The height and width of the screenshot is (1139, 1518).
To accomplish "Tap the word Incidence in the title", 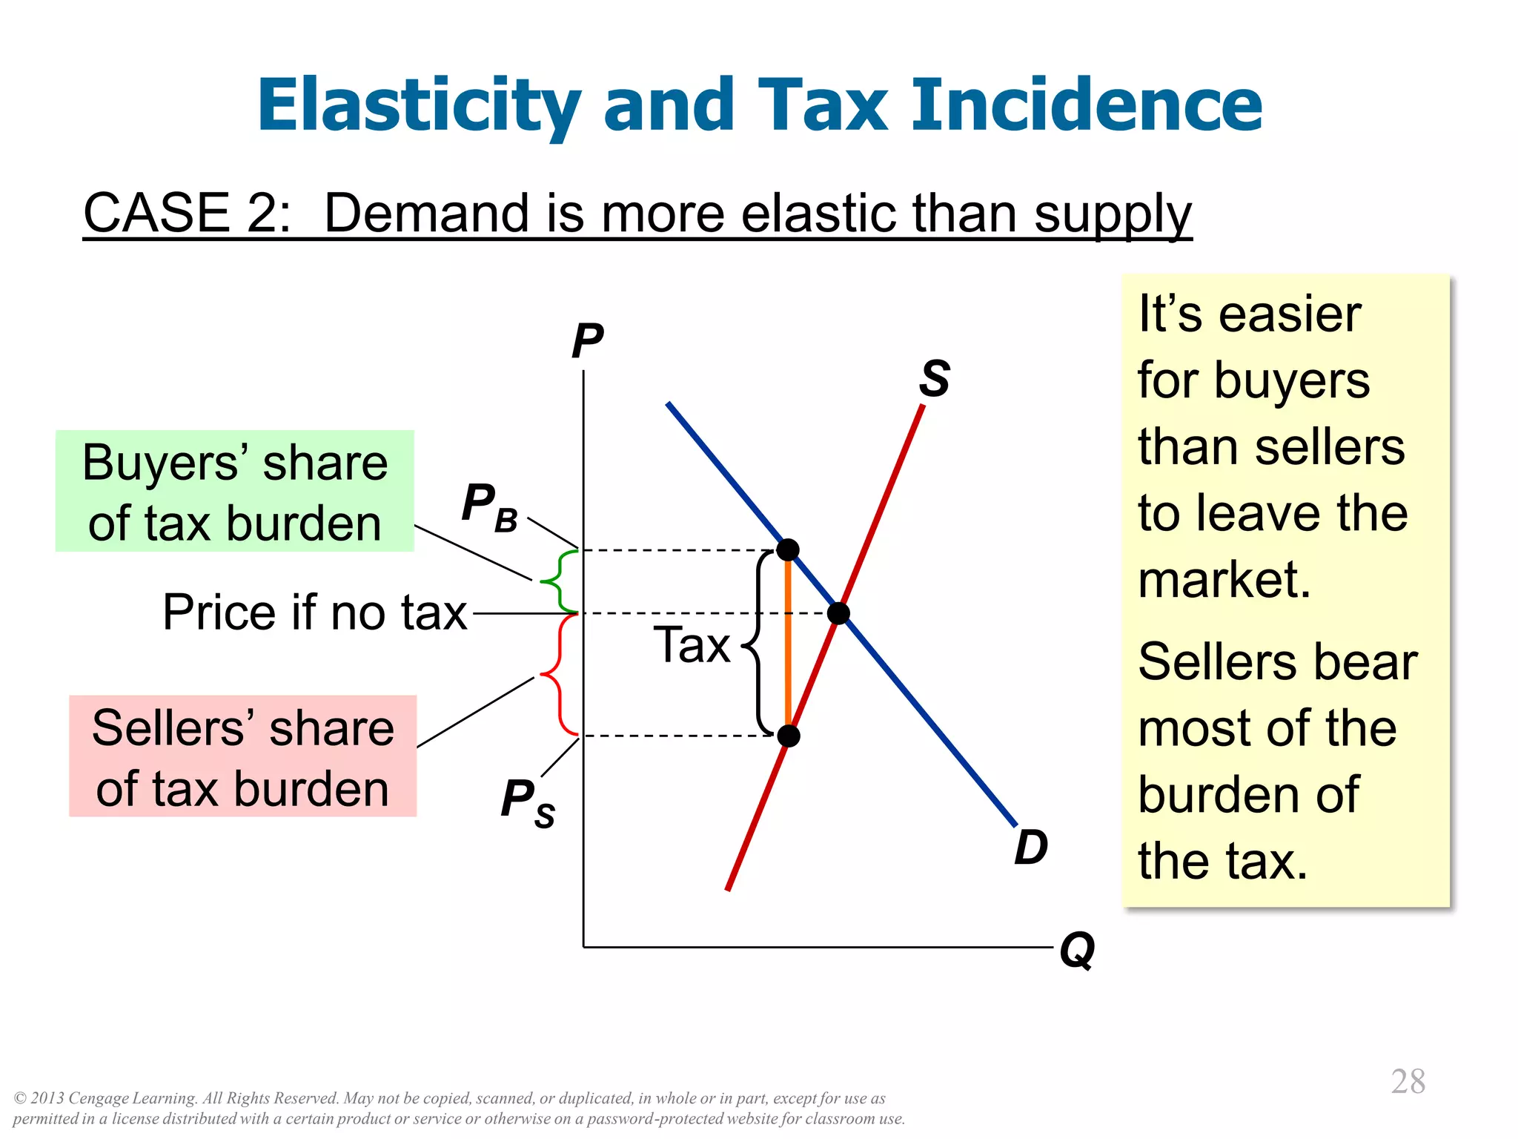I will click(x=1087, y=105).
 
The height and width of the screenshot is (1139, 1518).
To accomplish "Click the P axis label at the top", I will click(x=587, y=341).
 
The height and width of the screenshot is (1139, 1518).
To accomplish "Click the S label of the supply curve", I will click(x=934, y=378).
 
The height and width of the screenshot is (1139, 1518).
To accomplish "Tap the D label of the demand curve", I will click(x=1031, y=847).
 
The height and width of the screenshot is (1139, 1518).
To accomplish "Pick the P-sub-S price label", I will click(x=527, y=802).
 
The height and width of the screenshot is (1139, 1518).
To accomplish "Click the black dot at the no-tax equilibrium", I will click(x=838, y=613).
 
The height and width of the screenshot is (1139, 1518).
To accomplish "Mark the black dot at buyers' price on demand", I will click(x=787, y=550).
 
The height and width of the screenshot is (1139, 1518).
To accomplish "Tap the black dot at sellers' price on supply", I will click(x=789, y=736).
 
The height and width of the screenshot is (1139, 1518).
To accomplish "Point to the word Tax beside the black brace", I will click(x=692, y=644).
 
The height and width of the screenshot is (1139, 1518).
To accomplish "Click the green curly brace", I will click(x=557, y=581).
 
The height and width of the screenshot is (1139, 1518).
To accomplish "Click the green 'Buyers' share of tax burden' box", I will click(x=235, y=491).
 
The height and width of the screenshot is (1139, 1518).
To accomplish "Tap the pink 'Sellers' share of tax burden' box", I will click(x=243, y=756).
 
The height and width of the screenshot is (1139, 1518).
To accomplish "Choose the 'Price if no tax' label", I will click(x=315, y=613).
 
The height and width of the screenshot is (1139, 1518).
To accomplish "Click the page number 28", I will click(x=1408, y=1082).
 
